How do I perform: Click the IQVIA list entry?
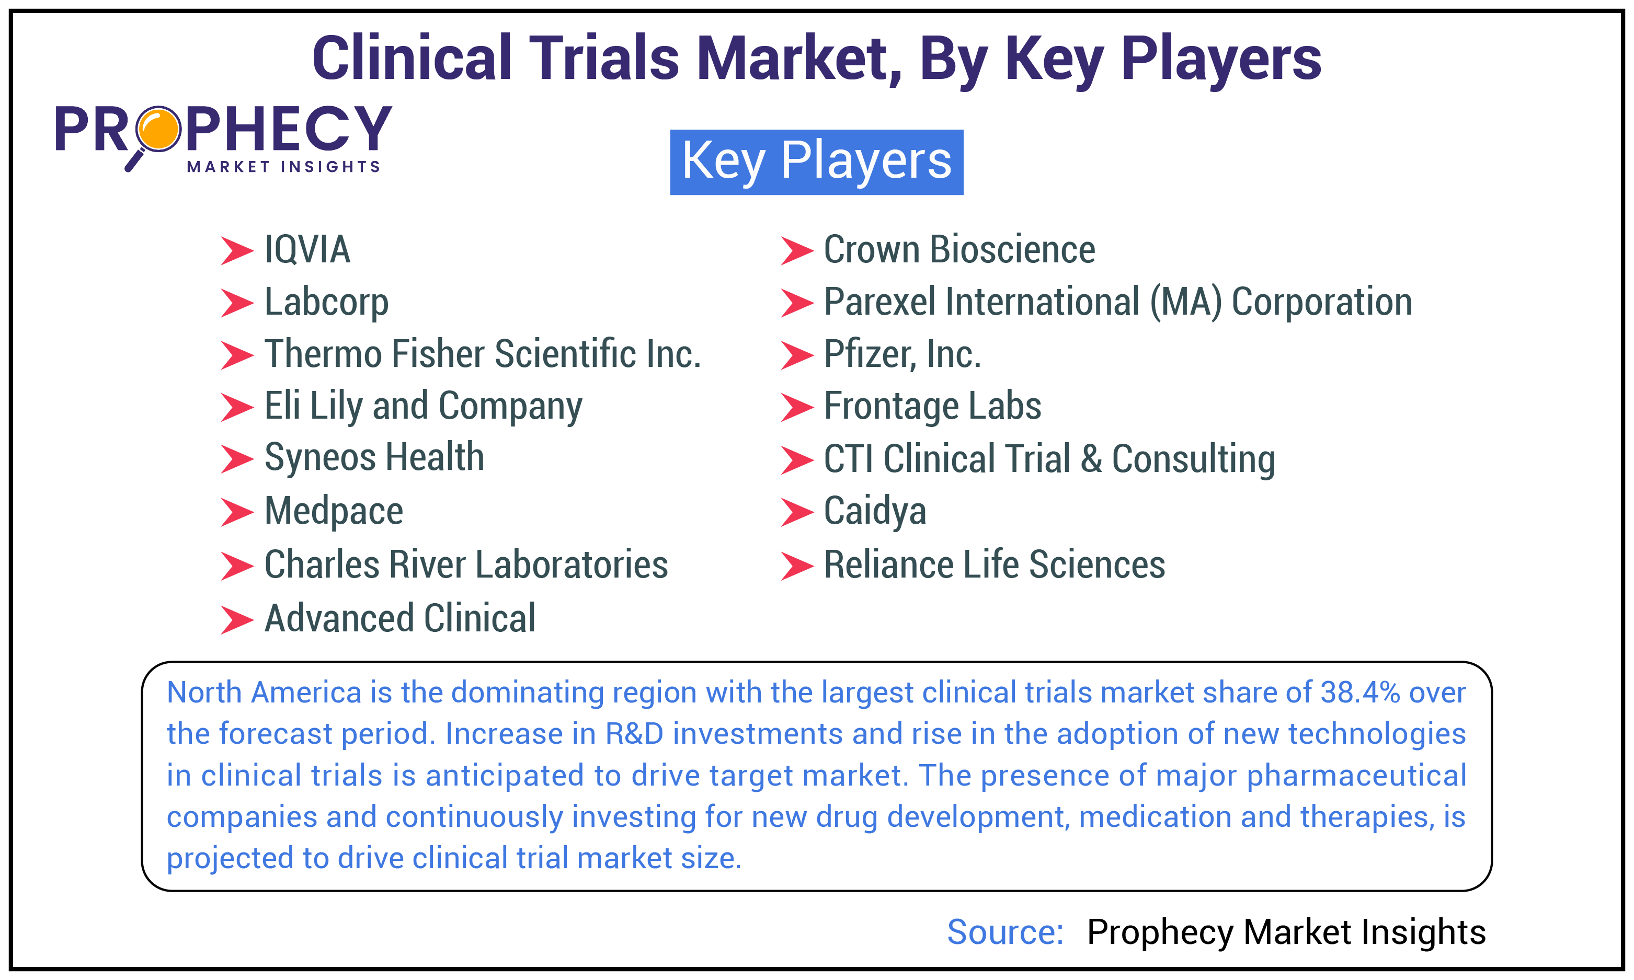[306, 250]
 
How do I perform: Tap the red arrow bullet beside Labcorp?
[236, 303]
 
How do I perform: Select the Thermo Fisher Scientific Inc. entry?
[482, 354]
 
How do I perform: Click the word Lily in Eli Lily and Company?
[336, 406]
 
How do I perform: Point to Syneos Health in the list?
[374, 458]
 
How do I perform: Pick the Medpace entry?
[334, 511]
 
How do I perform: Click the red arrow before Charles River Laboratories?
[236, 566]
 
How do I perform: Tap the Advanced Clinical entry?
[399, 619]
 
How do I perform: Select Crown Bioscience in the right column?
[958, 250]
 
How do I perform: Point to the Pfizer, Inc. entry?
[901, 354]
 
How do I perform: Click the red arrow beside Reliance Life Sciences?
[796, 566]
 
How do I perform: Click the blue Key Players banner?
[816, 162]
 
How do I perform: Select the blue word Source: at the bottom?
[1004, 932]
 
